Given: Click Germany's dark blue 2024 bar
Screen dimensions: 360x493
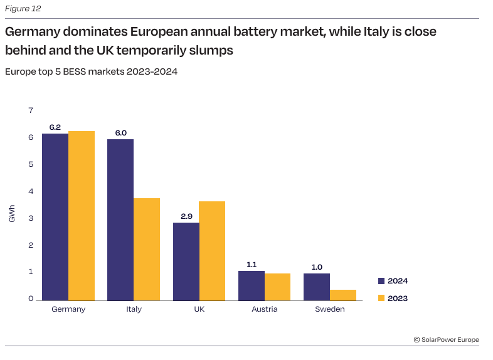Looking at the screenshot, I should (x=55, y=216).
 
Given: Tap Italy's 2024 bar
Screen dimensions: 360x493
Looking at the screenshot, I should (x=120, y=220).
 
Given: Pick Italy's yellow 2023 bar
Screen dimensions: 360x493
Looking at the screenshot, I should (x=147, y=249).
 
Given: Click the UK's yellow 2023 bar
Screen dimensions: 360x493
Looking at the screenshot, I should (x=212, y=250).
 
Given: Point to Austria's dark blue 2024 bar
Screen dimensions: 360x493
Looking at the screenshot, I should (x=252, y=285).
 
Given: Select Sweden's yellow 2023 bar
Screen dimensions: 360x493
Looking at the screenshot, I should (x=343, y=294).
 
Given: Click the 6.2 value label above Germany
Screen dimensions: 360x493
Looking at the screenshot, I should (x=55, y=127).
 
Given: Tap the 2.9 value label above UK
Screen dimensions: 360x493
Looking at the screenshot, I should (x=186, y=216).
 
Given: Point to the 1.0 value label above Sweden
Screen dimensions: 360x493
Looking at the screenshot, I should (x=317, y=267).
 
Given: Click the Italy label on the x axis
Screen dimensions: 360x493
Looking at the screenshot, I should (x=134, y=309).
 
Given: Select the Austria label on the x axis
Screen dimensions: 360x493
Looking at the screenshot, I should (x=265, y=309).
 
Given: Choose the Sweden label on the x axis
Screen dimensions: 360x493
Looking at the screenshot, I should (x=330, y=309).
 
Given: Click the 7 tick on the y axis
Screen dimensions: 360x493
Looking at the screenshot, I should (x=30, y=110).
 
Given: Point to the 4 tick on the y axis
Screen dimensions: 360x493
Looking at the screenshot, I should (x=30, y=191).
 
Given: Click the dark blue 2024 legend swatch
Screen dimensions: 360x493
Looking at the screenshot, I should (x=381, y=281).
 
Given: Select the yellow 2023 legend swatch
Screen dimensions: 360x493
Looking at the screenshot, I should (x=381, y=298).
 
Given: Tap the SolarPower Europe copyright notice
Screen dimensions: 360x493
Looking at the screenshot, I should (x=446, y=340).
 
